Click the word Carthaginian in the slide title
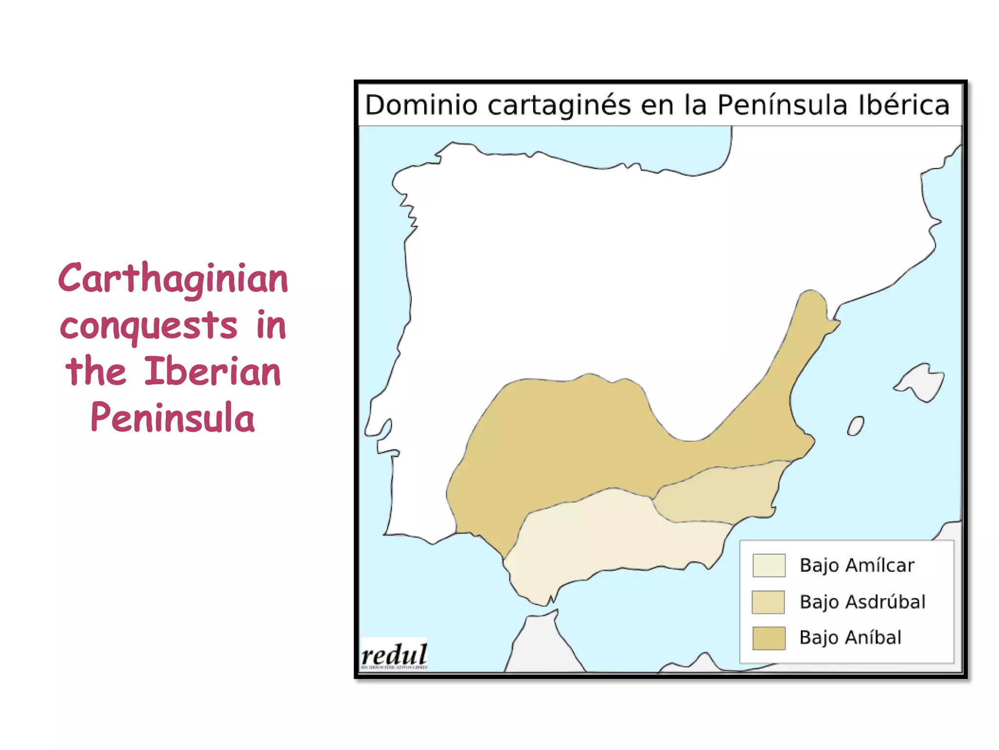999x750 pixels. (173, 279)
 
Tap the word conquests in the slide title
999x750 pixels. (148, 326)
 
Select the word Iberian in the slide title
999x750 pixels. (213, 372)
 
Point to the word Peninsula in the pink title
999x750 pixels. (173, 418)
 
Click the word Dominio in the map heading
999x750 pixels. (421, 105)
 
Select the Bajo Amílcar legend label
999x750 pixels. (857, 565)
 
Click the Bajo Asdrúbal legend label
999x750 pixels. (862, 602)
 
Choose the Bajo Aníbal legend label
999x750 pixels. (850, 638)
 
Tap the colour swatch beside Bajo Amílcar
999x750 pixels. (769, 565)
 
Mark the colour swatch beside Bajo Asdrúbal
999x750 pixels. (768, 602)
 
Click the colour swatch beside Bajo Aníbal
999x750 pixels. (769, 638)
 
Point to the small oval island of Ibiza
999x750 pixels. (856, 426)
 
